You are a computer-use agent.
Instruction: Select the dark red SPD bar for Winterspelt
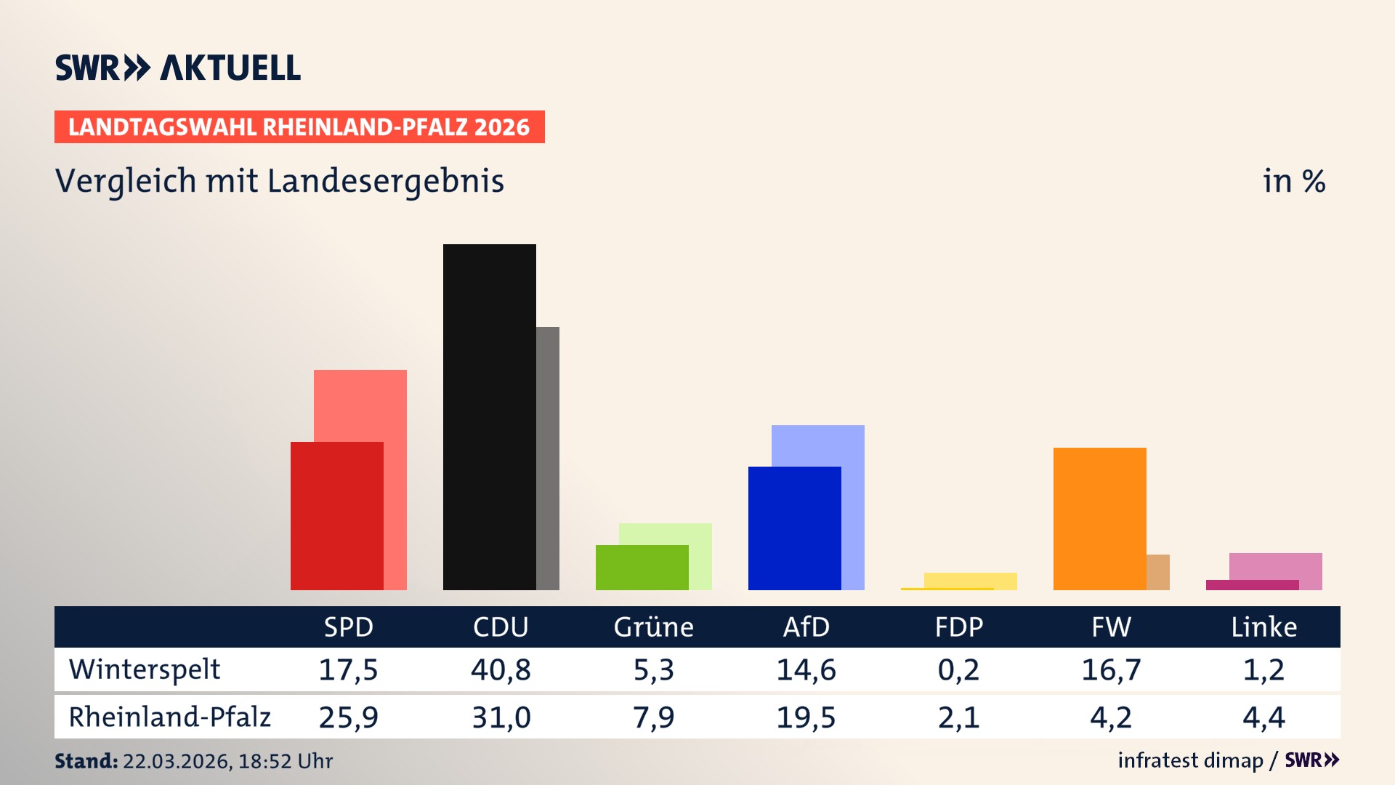tap(336, 515)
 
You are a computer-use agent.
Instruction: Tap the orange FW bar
tap(1099, 518)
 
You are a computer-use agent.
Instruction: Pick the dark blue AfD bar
tap(794, 528)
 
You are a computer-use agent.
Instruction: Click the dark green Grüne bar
tap(642, 567)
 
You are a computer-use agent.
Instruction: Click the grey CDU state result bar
tap(548, 458)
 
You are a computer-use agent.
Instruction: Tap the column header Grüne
tap(653, 627)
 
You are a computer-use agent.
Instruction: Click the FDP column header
tap(958, 627)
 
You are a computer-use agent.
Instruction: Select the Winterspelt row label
tap(145, 669)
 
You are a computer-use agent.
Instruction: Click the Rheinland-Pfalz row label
tap(169, 717)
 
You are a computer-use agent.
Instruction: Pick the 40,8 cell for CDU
tap(501, 669)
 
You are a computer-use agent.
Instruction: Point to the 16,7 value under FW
tap(1111, 669)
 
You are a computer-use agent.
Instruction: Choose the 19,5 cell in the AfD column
tap(806, 717)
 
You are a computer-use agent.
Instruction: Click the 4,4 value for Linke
tap(1263, 717)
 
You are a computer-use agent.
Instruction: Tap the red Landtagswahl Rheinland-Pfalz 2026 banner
tap(299, 127)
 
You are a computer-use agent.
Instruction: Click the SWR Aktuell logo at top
tap(178, 68)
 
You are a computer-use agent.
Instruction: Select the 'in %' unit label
tap(1293, 181)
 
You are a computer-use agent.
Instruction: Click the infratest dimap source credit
tap(1190, 760)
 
